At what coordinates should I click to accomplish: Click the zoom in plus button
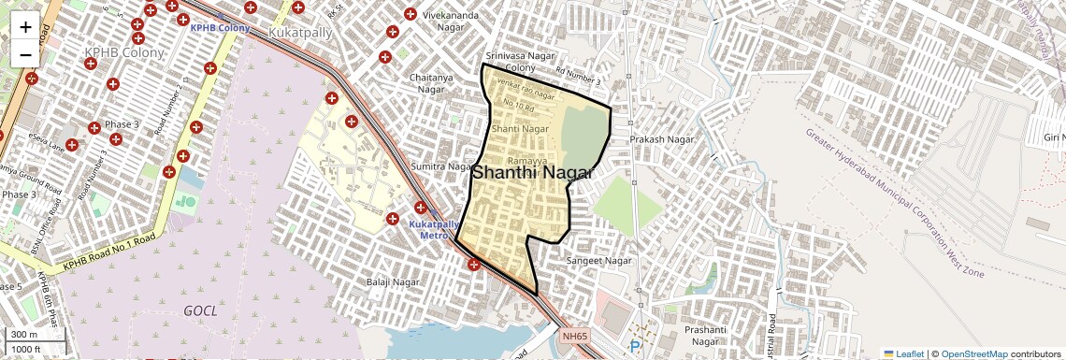coord(25,27)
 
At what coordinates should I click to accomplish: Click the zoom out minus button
coord(25,54)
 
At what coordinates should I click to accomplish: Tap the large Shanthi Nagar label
coord(533,173)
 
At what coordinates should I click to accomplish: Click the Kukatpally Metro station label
coord(434,230)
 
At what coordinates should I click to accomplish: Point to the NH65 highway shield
coord(575,334)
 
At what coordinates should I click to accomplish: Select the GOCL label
coord(201,310)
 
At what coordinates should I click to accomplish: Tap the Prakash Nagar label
coord(662,139)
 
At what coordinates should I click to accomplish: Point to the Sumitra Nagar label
coord(441,166)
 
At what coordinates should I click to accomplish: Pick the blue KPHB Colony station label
coord(220,29)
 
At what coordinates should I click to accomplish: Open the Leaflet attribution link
coord(903,353)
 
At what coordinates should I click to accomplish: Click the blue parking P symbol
coord(636,346)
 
